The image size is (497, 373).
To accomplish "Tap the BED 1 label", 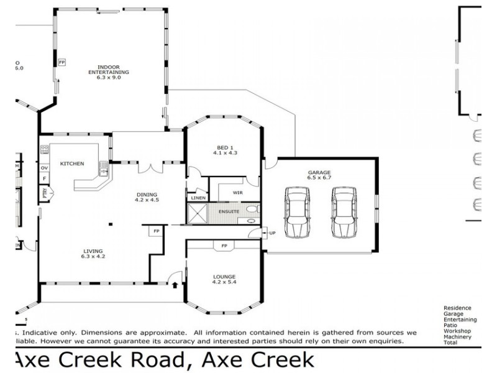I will tap(225, 149).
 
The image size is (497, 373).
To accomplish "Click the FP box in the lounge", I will tap(223, 246).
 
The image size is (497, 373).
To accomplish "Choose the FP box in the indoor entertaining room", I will tap(62, 63).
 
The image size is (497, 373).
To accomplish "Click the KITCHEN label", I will tap(71, 163).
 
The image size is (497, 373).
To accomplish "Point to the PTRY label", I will tap(45, 193).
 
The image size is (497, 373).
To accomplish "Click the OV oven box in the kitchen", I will tap(44, 168).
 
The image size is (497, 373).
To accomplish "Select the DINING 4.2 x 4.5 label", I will tap(147, 197).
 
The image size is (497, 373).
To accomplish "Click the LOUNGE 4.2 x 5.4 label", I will tap(224, 279).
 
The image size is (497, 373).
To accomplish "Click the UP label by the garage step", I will tap(272, 233).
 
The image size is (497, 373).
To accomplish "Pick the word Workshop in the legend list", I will tap(457, 330).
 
